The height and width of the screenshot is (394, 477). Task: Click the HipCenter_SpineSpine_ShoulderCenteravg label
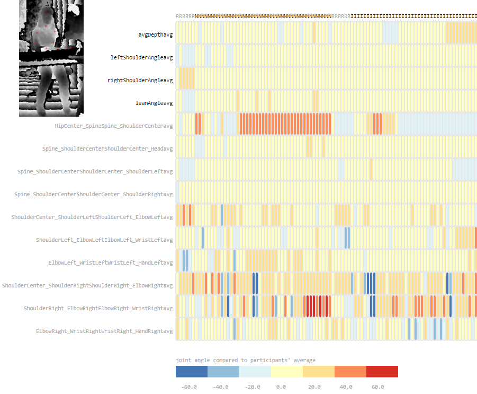(114, 126)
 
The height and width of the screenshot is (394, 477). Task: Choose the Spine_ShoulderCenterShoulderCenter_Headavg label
(107, 148)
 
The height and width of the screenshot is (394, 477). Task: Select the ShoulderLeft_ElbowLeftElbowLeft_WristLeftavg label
(104, 240)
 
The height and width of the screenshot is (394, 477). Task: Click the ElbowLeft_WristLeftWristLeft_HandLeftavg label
(111, 262)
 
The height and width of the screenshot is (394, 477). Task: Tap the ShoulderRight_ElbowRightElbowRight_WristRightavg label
(98, 308)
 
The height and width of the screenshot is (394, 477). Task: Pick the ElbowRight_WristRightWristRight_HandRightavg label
(104, 331)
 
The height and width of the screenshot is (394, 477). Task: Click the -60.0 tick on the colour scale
(189, 387)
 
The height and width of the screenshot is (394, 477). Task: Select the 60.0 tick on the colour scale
(377, 387)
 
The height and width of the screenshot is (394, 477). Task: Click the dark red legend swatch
(382, 372)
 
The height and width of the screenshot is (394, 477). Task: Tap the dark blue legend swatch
(192, 372)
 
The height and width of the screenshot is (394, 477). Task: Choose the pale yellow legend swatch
(286, 372)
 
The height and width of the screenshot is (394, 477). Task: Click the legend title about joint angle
(245, 360)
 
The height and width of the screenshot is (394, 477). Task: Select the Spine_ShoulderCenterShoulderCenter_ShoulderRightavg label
(94, 194)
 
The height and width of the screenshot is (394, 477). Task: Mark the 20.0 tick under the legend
(314, 387)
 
